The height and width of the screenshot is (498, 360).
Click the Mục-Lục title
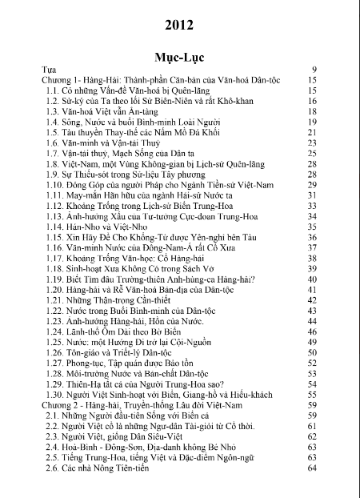pos(180,57)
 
